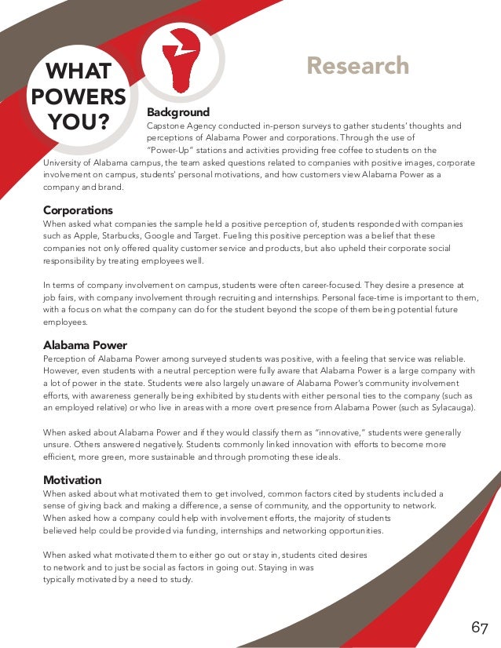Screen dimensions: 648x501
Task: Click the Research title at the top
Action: click(x=357, y=66)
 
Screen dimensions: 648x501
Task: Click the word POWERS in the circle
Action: click(x=78, y=96)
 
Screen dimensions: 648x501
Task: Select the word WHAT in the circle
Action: click(x=78, y=72)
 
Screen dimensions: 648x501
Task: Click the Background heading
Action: click(x=178, y=112)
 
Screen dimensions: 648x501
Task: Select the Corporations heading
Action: click(x=78, y=210)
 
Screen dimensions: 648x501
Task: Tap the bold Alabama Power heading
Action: click(x=85, y=345)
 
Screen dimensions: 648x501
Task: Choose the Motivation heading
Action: click(x=72, y=480)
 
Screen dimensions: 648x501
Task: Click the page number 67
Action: click(x=480, y=628)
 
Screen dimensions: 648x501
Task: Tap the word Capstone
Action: click(x=166, y=126)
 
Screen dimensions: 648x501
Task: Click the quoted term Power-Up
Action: click(x=170, y=151)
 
